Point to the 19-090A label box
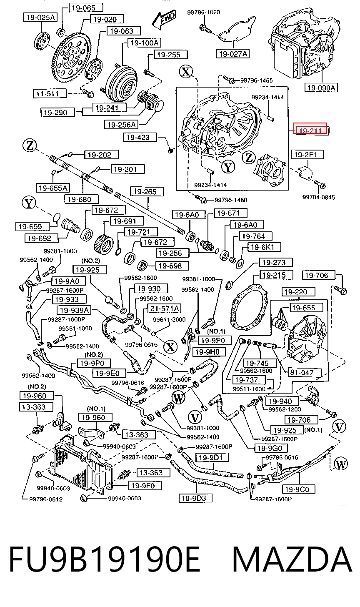pyautogui.click(x=321, y=88)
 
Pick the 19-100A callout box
pyautogui.click(x=145, y=43)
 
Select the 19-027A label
pyautogui.click(x=232, y=54)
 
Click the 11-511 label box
pyautogui.click(x=50, y=93)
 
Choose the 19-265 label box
pyautogui.click(x=147, y=192)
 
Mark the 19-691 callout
pyautogui.click(x=127, y=221)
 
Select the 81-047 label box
pyautogui.click(x=304, y=373)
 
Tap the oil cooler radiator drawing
pyautogui.click(x=83, y=465)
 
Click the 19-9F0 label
pyautogui.click(x=145, y=485)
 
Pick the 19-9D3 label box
pyautogui.click(x=195, y=498)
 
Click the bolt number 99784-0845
pyautogui.click(x=319, y=197)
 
